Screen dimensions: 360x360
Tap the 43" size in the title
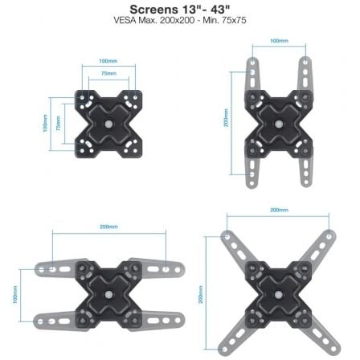pyautogui.click(x=215, y=10)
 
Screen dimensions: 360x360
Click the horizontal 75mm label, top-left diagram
pyautogui.click(x=108, y=72)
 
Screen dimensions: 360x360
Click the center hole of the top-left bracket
pyautogui.click(x=108, y=124)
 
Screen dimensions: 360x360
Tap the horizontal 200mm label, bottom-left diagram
pyautogui.click(x=108, y=227)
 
